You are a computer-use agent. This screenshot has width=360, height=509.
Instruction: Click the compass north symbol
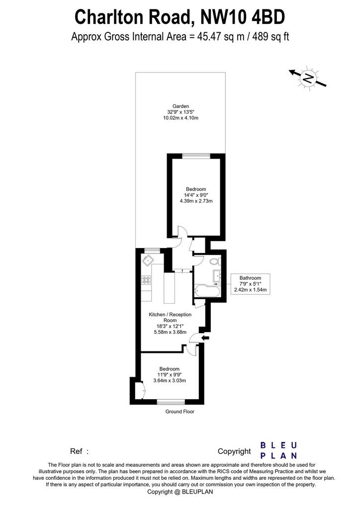click(308, 78)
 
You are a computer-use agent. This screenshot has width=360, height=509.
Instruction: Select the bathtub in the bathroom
click(207, 290)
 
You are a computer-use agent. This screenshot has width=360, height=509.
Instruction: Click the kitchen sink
click(148, 259)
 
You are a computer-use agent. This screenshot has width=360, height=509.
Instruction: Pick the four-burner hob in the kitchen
click(146, 280)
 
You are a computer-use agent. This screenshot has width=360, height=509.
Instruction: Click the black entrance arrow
click(205, 338)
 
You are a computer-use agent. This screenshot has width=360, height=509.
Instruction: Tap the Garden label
click(180, 106)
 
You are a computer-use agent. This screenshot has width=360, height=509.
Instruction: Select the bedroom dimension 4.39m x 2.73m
click(196, 201)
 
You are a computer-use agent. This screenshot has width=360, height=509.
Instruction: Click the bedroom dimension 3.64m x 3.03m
click(170, 380)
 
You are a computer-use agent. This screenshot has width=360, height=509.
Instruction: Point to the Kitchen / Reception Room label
click(170, 317)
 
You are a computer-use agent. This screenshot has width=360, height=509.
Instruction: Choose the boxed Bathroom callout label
click(250, 284)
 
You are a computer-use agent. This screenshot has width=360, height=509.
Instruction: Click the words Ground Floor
click(180, 412)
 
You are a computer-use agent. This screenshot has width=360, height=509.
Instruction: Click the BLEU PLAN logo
click(279, 450)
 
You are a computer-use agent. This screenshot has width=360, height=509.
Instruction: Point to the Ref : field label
click(79, 451)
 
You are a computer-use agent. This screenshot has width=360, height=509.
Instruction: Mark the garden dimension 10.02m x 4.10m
click(180, 118)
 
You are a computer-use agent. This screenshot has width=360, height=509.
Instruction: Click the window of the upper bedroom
click(196, 156)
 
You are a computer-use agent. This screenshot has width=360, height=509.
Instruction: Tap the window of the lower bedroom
click(171, 403)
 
